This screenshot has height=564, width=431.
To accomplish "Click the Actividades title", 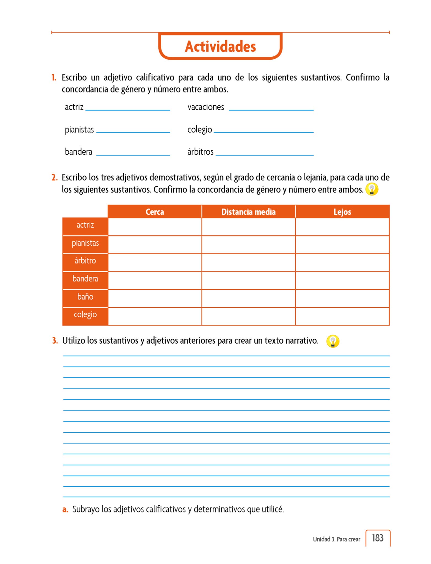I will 220,46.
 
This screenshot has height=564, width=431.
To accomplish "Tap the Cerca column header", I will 155,212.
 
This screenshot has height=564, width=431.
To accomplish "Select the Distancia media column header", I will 248,212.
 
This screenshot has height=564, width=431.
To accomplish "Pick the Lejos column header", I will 342,212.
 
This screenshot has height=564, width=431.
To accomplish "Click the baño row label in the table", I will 85,297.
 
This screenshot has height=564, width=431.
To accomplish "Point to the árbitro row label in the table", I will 85,261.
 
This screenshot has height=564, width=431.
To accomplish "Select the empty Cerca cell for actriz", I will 155,227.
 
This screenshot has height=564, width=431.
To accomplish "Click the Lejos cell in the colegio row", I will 342,316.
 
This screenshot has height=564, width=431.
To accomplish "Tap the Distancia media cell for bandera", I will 248,280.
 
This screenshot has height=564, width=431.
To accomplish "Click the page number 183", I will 378,538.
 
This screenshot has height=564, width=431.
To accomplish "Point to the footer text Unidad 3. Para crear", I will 336,539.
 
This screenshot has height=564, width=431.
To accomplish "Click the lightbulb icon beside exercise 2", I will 372,189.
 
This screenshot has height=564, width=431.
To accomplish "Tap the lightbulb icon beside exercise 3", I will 333,341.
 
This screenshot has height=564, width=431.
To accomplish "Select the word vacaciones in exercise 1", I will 206,107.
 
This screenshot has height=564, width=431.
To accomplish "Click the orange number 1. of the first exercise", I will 54,78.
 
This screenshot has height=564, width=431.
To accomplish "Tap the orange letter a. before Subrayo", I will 65,509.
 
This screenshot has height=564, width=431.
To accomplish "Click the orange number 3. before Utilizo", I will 55,341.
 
